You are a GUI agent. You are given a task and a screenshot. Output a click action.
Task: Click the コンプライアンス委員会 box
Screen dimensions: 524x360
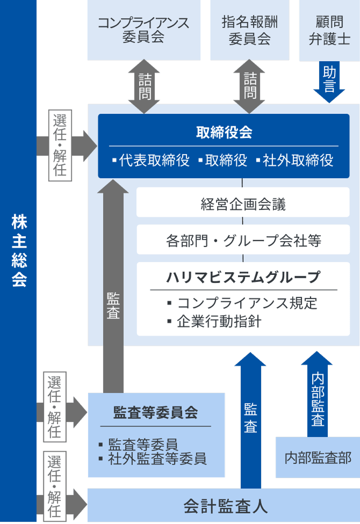pyautogui.click(x=143, y=30)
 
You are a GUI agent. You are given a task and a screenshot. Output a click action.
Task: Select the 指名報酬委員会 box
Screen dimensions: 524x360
pyautogui.click(x=249, y=30)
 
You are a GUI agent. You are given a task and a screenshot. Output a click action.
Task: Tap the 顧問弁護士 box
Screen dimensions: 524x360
pyautogui.click(x=329, y=30)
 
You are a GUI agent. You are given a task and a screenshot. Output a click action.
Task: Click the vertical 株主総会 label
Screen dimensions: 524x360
pyautogui.click(x=19, y=251)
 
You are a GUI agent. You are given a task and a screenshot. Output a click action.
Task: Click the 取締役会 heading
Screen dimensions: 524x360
pyautogui.click(x=224, y=133)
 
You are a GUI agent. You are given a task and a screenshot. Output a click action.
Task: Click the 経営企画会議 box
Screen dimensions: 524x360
pyautogui.click(x=243, y=203)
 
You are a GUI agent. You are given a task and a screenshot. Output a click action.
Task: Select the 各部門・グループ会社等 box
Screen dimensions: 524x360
pyautogui.click(x=243, y=240)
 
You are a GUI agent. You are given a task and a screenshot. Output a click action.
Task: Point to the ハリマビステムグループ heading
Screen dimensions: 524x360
pyautogui.click(x=243, y=278)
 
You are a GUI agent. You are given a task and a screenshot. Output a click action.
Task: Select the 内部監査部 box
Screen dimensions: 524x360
pyautogui.click(x=318, y=458)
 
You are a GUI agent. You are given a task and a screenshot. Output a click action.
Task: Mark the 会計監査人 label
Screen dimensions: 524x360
pyautogui.click(x=225, y=506)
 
